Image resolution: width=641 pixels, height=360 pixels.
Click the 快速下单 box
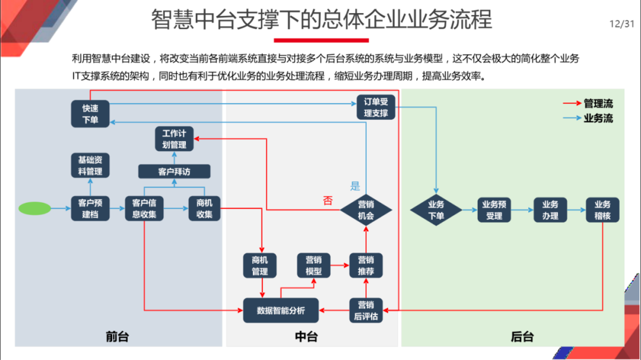pos(90,114)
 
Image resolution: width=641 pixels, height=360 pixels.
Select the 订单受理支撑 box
pos(376,107)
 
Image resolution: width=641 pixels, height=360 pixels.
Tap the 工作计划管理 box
pos(174,139)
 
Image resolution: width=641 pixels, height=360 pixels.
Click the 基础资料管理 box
pos(90,166)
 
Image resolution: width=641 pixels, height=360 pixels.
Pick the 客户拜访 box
pos(174,172)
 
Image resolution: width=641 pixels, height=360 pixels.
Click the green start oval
pos(34,209)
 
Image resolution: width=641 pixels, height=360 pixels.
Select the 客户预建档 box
pos(90,209)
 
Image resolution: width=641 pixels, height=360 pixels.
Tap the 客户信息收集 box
pos(144,209)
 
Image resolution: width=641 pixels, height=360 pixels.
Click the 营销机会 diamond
pos(366,209)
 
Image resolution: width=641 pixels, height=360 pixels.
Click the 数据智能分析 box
pos(281,310)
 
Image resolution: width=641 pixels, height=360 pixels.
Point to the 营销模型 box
pos(313,265)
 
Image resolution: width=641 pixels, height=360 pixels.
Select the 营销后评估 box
pos(366,310)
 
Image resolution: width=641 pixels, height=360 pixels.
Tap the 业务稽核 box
pos(602,209)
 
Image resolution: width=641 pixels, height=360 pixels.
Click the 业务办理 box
pos(550,209)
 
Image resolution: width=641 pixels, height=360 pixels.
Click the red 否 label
pos(328,200)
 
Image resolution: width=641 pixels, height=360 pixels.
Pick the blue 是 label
pos(355,186)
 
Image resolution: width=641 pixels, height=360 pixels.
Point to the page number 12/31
pos(621,24)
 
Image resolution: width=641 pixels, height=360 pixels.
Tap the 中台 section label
pos(306,336)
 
